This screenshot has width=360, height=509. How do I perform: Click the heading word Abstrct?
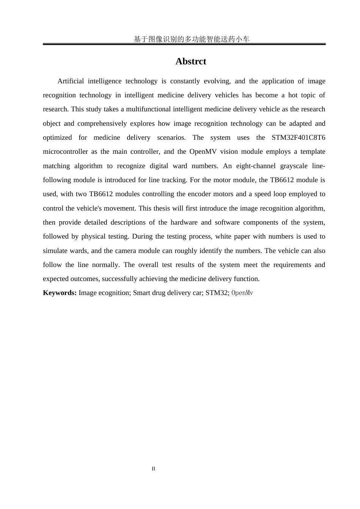(x=191, y=61)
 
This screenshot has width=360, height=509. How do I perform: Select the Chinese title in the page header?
(x=191, y=39)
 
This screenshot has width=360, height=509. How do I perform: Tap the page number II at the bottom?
(x=153, y=469)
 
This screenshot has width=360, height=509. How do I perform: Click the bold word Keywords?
(x=60, y=293)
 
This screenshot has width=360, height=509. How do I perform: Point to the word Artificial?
(x=70, y=81)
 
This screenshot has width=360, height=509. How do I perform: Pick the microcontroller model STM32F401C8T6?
(x=298, y=137)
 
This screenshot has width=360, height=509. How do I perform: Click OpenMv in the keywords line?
(x=242, y=293)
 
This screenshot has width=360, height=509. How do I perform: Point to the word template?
(x=313, y=151)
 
